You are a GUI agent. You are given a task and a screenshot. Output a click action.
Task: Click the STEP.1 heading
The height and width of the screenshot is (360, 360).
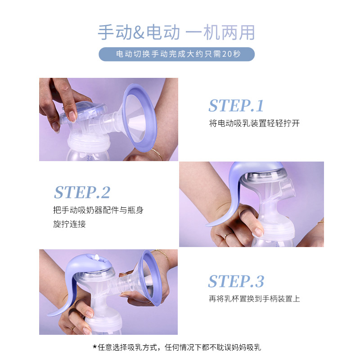236,105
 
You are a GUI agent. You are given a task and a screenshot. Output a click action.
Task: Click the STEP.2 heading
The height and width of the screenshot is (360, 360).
82,192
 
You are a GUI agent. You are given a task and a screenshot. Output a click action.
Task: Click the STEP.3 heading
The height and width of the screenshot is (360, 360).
236,281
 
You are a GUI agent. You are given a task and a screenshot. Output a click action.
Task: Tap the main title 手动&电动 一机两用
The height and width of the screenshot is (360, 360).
176,32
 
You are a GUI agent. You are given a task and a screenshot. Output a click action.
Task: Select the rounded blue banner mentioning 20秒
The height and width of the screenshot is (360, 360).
176,54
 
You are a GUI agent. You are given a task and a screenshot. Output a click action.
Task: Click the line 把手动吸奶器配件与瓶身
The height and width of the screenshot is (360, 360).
98,210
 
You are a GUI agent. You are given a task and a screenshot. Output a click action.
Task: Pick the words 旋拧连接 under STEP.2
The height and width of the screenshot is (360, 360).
69,224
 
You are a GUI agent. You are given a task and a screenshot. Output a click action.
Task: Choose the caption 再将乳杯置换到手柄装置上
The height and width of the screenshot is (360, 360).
254,298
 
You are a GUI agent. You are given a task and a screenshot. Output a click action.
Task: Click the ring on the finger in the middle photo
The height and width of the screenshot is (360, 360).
228,234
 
